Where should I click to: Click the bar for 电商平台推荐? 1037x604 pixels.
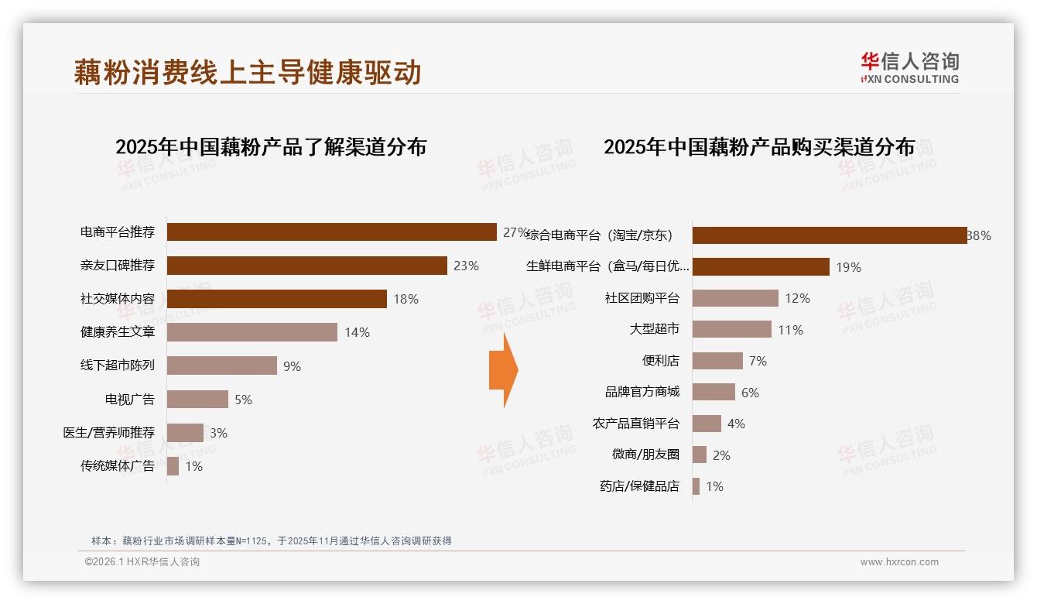(331, 232)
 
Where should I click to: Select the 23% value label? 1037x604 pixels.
(466, 266)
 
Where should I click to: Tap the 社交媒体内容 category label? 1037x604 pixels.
(118, 299)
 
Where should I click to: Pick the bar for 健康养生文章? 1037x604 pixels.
(252, 332)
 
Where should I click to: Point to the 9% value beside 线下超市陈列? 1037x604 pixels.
(292, 366)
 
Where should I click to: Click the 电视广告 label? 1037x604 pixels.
(130, 400)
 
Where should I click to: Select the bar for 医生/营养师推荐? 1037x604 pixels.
(185, 433)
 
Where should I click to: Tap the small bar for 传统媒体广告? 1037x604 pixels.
(173, 466)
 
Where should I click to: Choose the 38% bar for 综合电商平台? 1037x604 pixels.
(829, 235)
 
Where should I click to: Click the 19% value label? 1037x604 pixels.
(848, 267)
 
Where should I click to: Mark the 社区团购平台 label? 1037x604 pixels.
(642, 298)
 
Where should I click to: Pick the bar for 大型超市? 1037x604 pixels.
(731, 329)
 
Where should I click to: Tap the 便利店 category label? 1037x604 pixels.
(660, 361)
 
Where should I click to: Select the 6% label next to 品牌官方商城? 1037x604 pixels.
(750, 393)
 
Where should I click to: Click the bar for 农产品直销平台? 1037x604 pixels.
(707, 424)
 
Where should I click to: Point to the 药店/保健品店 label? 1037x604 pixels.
(639, 486)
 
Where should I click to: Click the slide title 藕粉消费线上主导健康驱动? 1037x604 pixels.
(248, 72)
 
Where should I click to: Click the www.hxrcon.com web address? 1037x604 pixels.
(899, 562)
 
